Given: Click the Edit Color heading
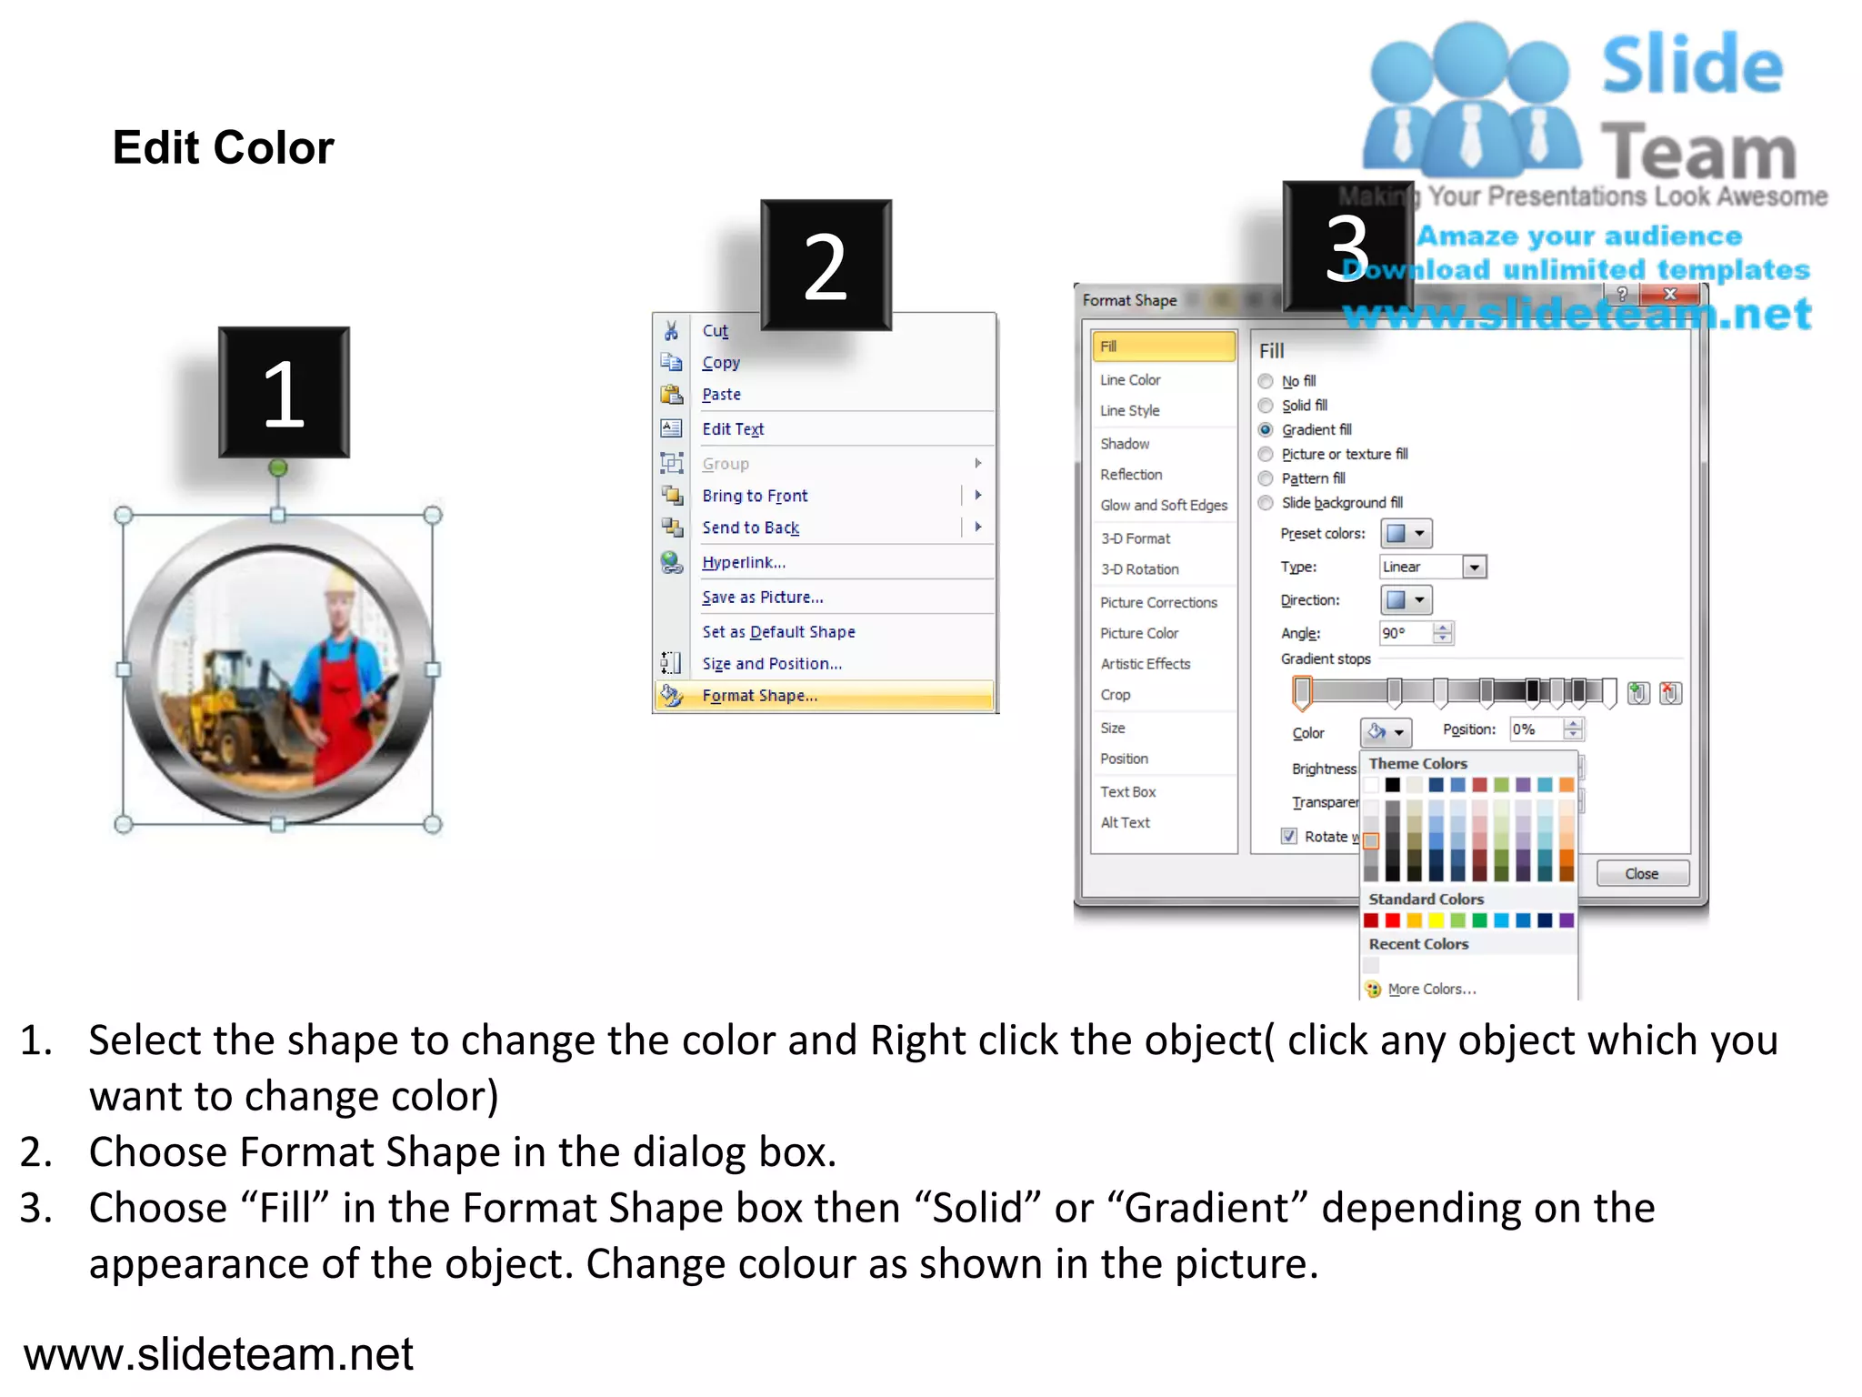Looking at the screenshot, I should coord(223,147).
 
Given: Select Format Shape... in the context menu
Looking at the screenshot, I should coord(759,696).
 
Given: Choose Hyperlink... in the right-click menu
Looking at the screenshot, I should coord(743,563).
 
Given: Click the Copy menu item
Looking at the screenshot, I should coord(721,363).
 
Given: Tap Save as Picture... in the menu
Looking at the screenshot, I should coord(762,598).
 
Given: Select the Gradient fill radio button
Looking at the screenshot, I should coord(1266,430).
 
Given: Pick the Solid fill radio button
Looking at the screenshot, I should coord(1266,406).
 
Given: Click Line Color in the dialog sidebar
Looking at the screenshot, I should coord(1130,380).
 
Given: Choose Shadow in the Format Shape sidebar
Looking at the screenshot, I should coord(1125,444).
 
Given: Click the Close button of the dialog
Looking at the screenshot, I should coord(1641,874).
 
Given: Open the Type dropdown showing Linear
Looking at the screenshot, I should coord(1432,568).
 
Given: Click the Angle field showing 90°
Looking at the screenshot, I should coord(1406,633).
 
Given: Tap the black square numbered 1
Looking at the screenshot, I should coord(284,393).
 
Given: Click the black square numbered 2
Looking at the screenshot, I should coord(826,266).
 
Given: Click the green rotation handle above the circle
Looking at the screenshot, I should coord(278,467).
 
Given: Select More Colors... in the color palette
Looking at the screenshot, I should coord(1431,989).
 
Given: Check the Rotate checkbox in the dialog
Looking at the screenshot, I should coord(1289,837).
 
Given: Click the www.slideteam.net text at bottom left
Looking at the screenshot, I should coord(218,1354).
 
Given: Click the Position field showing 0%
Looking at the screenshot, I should coord(1536,729).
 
